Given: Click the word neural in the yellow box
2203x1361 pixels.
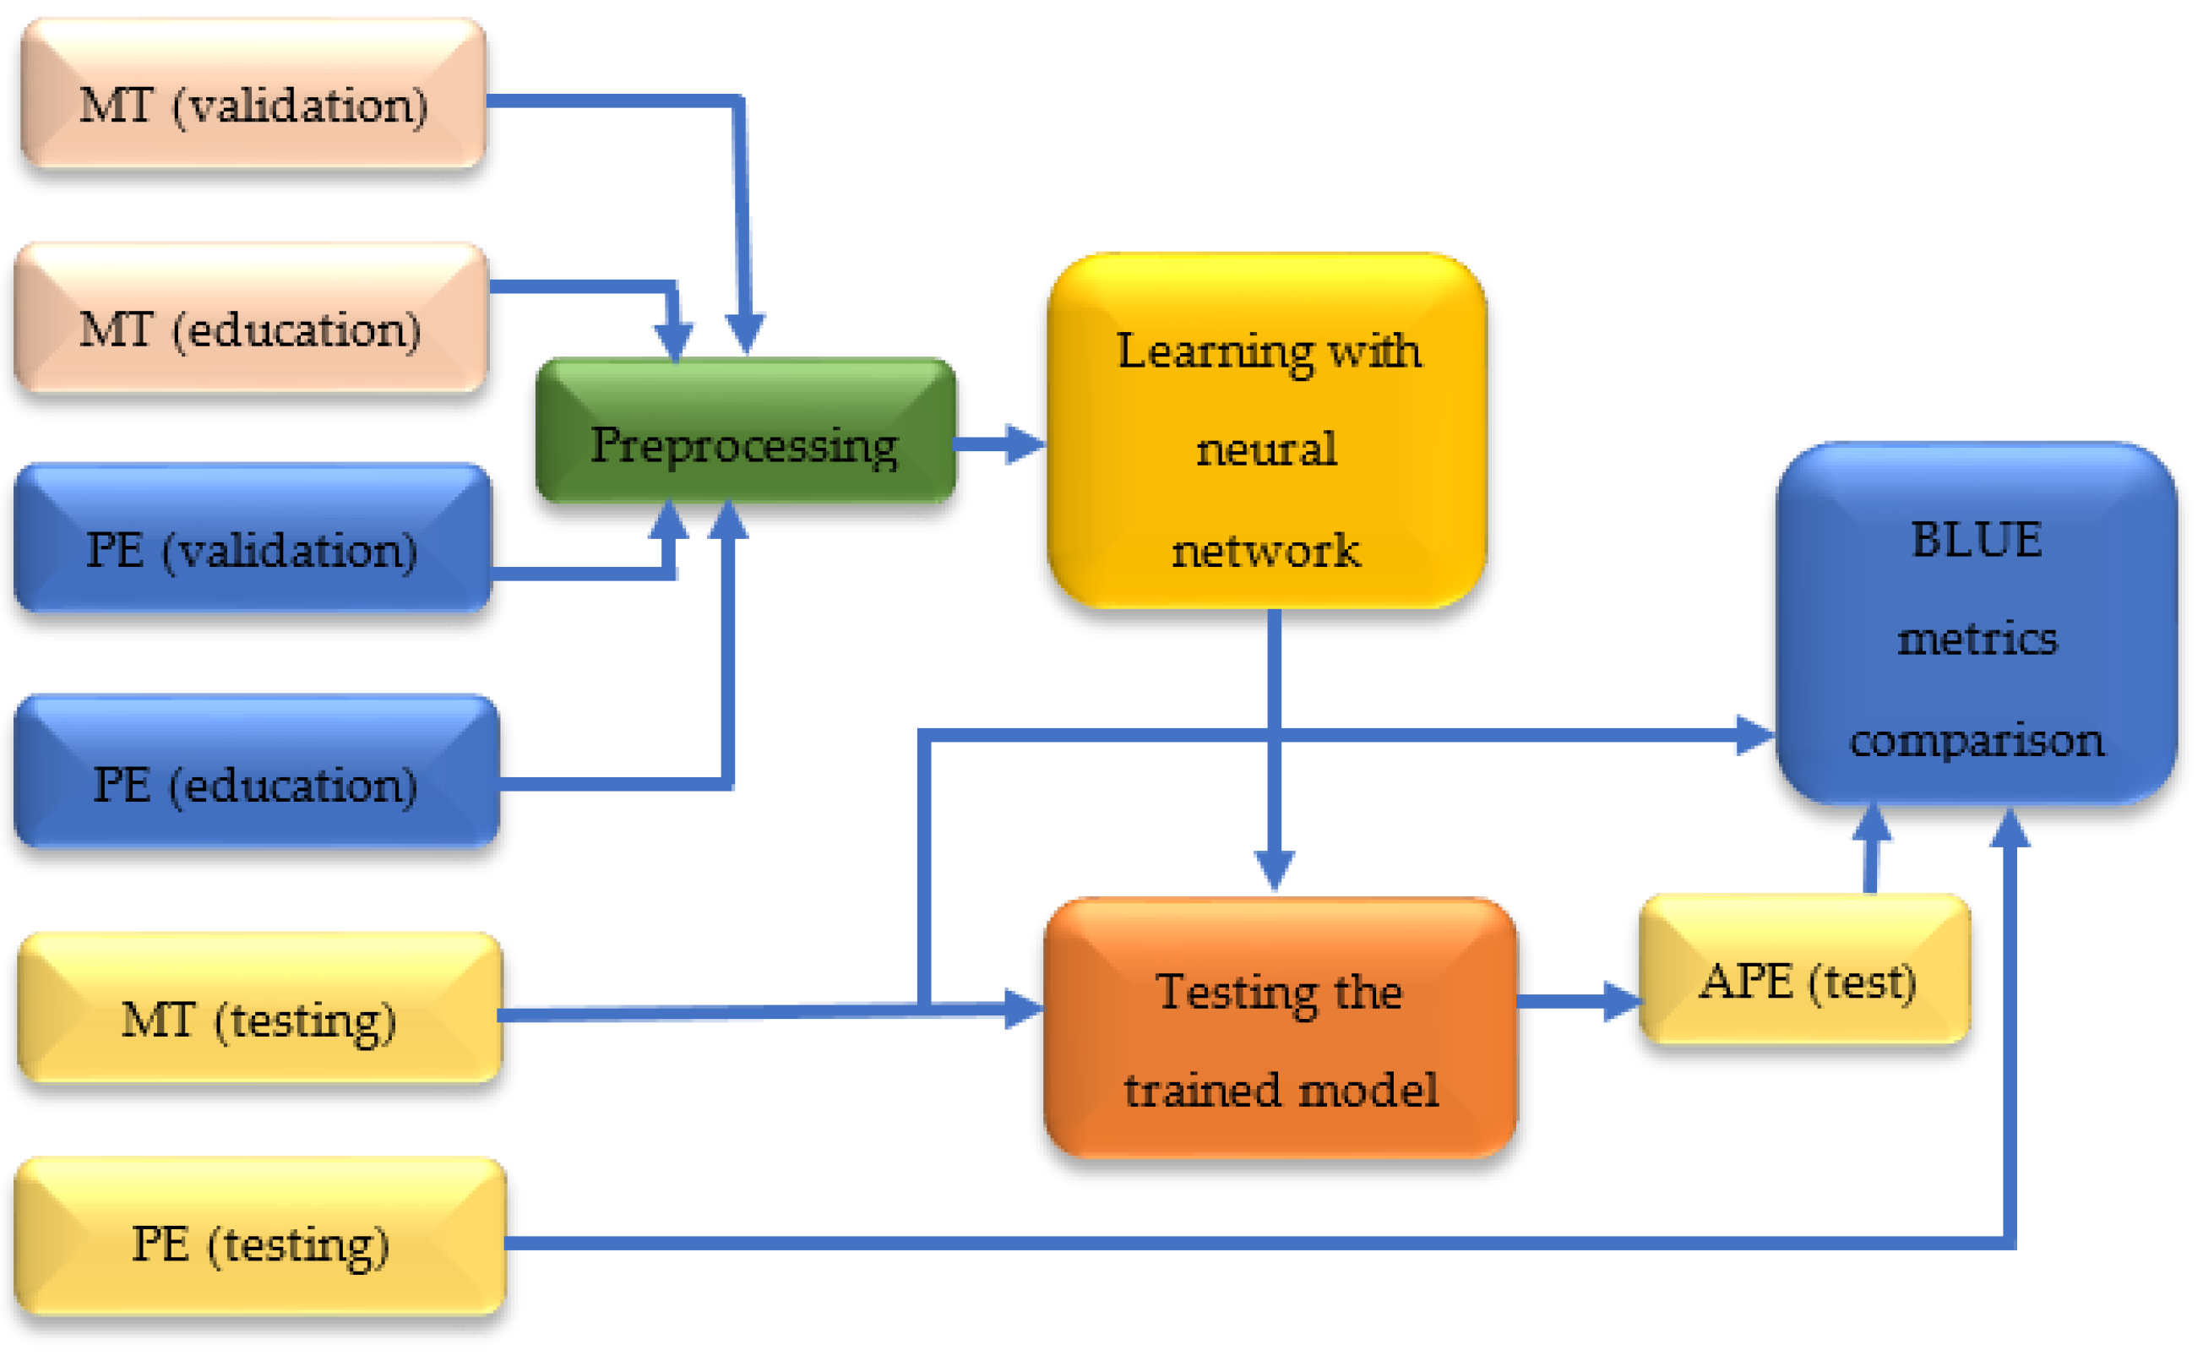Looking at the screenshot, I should (x=1266, y=449).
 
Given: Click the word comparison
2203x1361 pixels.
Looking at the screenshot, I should (x=1977, y=741).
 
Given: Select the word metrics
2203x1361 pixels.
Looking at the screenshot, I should (x=1977, y=640).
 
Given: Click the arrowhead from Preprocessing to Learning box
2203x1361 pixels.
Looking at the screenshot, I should (x=1024, y=444).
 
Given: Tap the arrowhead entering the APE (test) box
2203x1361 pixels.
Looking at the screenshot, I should (x=1623, y=1002).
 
